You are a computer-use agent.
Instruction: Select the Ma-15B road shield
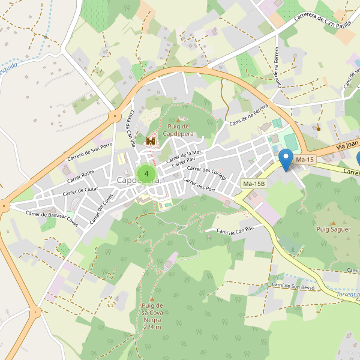coord(254,183)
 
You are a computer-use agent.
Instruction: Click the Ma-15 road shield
coord(305,159)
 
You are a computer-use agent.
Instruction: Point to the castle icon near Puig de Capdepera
coord(151,141)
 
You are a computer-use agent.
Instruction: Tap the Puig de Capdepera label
coord(178,130)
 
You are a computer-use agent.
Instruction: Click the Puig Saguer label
coord(333,229)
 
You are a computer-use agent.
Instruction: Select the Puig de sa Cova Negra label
coord(152,316)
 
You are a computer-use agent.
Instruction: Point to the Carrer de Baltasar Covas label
coord(52,217)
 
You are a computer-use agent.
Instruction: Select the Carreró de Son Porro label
coord(90,152)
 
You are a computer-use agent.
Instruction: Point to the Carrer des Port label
coord(199,185)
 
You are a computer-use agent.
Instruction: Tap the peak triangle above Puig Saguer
coord(334,223)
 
